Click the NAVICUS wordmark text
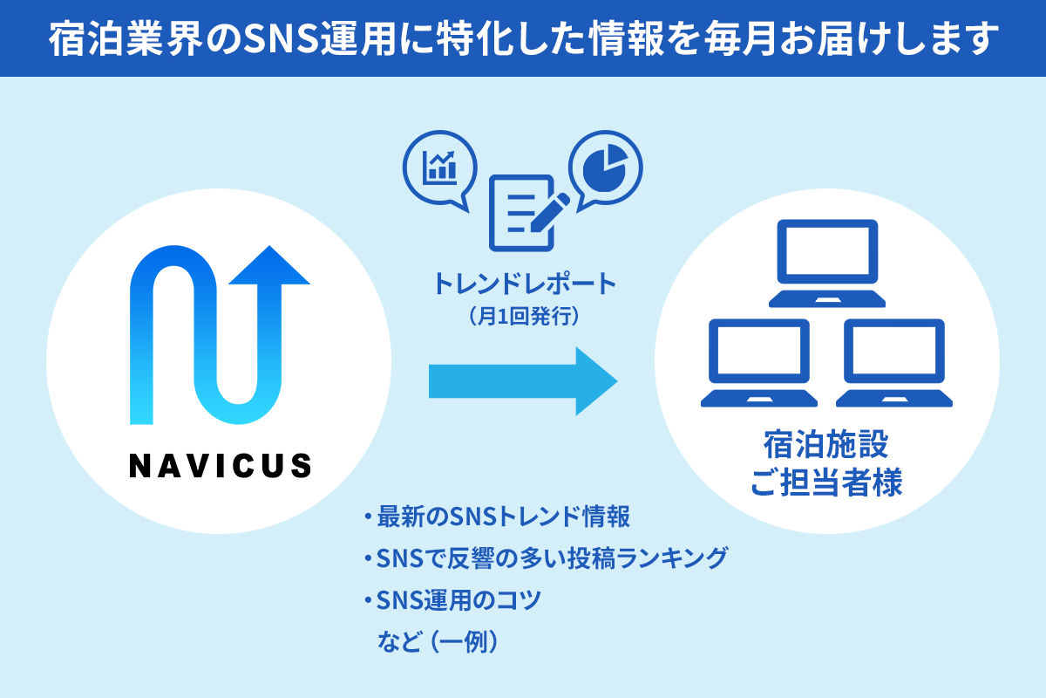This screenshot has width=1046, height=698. [220, 465]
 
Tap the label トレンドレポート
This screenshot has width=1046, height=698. [525, 284]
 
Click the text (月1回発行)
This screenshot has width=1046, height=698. [524, 315]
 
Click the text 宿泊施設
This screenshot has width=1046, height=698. [825, 444]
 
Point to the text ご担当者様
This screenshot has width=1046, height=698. [825, 482]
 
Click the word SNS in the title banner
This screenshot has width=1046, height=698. [278, 39]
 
